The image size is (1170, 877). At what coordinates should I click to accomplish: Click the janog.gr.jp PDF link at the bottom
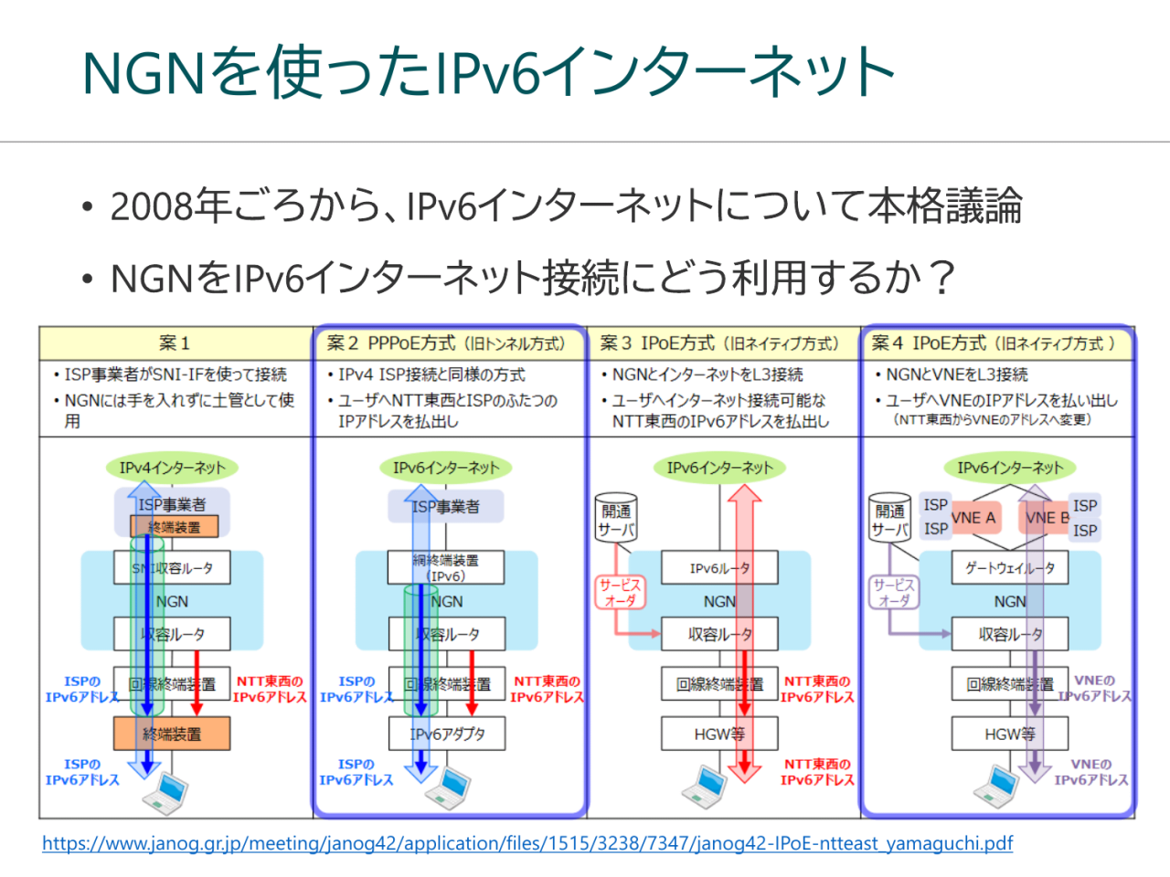(526, 843)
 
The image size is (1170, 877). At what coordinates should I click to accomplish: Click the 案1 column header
(175, 343)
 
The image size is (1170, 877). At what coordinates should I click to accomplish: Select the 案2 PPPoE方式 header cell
(447, 343)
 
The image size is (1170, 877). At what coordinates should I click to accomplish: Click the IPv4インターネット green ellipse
(172, 468)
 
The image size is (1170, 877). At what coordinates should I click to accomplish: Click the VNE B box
(1048, 518)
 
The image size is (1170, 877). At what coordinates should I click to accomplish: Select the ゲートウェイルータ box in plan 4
(1009, 568)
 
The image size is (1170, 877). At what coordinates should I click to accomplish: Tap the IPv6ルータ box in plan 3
(719, 568)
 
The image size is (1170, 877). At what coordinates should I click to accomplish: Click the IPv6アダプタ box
(447, 734)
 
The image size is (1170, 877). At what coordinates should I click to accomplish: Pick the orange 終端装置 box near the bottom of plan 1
(172, 734)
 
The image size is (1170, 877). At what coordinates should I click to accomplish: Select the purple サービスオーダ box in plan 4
(893, 593)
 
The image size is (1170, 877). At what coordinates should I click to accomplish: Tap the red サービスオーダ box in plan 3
(620, 593)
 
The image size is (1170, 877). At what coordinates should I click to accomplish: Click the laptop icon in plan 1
(167, 791)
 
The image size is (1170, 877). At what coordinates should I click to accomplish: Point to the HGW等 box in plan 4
(1009, 734)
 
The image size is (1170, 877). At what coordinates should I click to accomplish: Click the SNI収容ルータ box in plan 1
(172, 568)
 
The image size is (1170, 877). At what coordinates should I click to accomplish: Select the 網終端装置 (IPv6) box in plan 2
(446, 568)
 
